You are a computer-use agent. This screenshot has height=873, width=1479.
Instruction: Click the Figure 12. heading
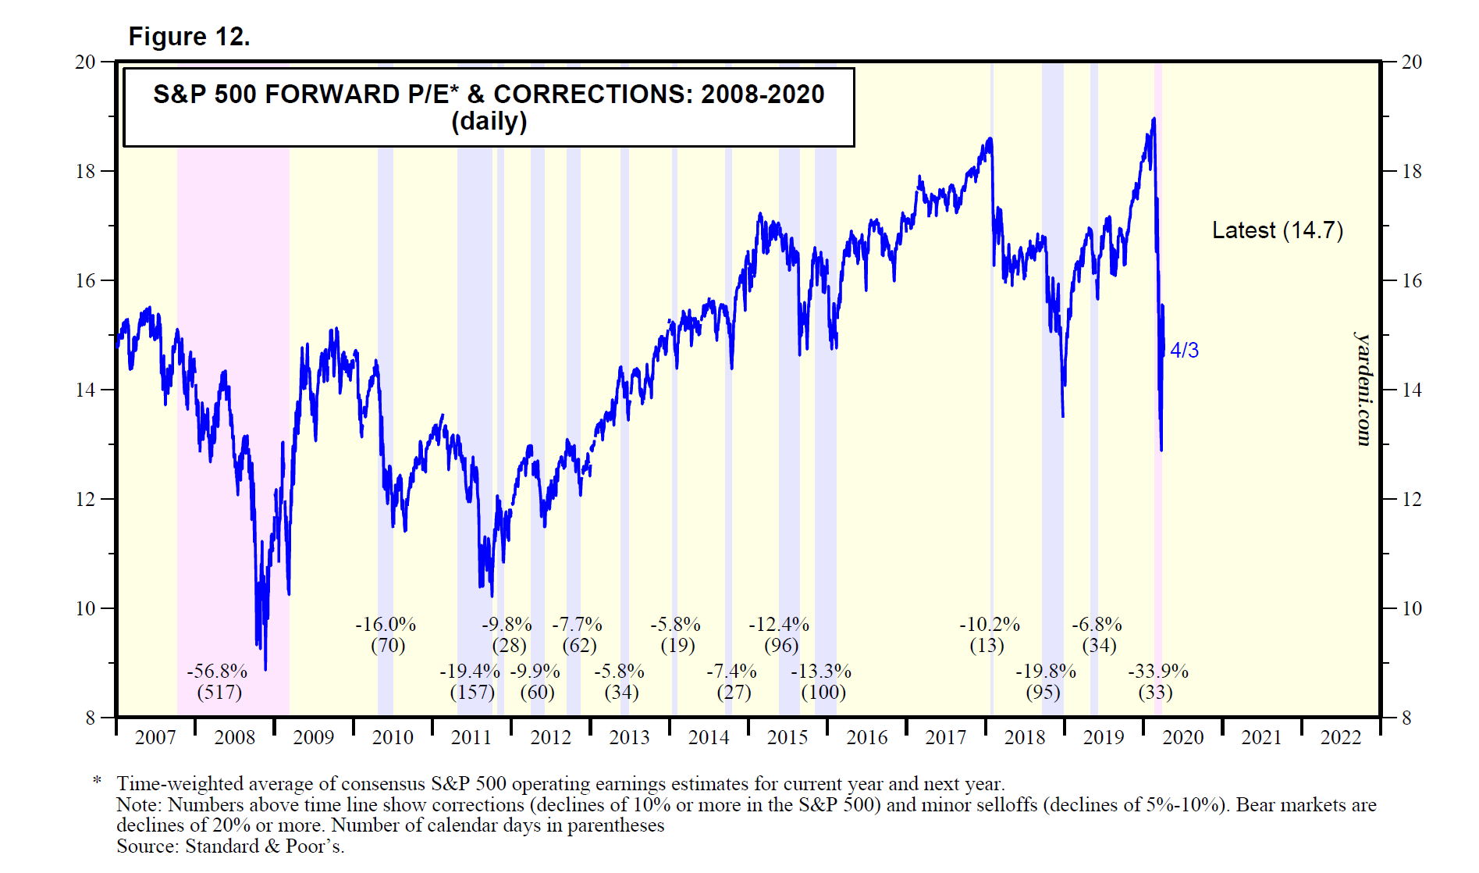coord(189,37)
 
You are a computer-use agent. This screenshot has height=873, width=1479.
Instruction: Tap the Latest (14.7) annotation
coord(1277,230)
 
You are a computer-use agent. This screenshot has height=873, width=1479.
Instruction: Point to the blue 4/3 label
coord(1184,351)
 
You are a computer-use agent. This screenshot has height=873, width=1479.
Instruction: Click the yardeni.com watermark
coord(1363,389)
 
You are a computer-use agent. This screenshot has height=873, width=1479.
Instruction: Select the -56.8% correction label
coord(217,672)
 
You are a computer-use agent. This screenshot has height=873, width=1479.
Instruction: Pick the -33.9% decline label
coord(1158,672)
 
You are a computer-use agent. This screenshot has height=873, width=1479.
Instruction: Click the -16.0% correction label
coord(386,625)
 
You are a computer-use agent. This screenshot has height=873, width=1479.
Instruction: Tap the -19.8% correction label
coord(1046,672)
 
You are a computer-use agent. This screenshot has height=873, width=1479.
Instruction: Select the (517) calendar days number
coord(219,693)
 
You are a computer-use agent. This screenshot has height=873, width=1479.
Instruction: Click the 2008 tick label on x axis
coord(234,738)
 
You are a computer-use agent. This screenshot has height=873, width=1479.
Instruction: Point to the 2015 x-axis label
coord(787,738)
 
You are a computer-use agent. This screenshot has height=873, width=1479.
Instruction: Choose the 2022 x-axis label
coord(1340,738)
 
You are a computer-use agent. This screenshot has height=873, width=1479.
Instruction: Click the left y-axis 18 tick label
coord(85,171)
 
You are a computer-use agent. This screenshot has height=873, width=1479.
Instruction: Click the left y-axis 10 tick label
coord(85,608)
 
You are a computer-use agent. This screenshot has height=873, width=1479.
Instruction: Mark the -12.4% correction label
coord(779,625)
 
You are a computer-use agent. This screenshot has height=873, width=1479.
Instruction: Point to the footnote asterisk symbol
coord(98,782)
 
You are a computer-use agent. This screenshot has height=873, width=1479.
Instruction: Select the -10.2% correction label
coord(990,625)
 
